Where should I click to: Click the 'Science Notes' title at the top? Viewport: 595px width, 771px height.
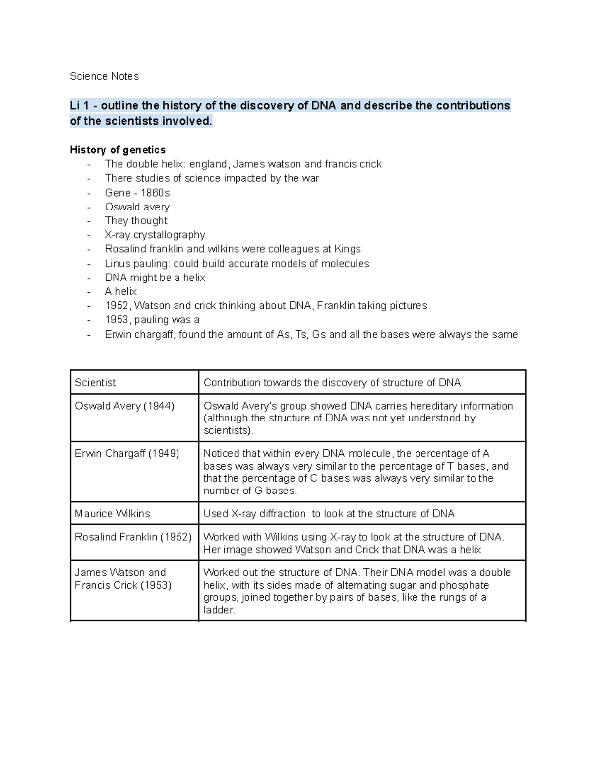(x=104, y=76)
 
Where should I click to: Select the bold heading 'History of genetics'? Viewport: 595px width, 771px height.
(x=118, y=150)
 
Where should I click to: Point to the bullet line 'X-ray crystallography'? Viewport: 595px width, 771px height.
(x=155, y=235)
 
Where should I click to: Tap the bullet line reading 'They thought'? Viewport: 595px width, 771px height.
(x=136, y=221)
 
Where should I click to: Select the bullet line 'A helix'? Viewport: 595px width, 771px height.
(x=120, y=292)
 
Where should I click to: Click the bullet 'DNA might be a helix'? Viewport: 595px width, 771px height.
(x=155, y=278)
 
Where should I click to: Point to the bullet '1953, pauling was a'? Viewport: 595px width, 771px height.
(x=152, y=320)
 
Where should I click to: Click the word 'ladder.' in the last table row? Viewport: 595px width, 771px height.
(x=219, y=610)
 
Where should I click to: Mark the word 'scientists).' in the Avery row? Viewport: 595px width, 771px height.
(x=229, y=430)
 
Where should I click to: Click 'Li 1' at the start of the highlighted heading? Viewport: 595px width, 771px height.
(x=80, y=106)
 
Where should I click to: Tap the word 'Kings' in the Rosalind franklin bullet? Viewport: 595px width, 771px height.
(x=348, y=249)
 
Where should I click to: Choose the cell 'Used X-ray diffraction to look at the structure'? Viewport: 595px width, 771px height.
(x=329, y=514)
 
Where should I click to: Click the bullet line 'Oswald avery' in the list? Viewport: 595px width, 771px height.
(x=137, y=207)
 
